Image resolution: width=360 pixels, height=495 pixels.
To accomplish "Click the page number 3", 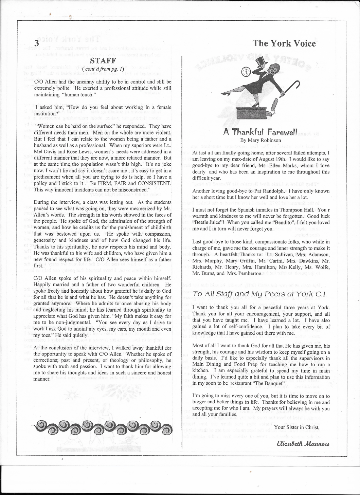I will coord(37,44).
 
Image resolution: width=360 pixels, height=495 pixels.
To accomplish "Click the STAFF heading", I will coord(103,61).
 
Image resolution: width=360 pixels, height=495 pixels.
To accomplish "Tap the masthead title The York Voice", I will coord(284,43).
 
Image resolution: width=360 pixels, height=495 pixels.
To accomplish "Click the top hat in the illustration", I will coord(260,62).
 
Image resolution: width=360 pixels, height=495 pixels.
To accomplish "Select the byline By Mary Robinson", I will coord(260,140).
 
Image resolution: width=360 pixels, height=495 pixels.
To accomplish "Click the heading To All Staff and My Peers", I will coord(260,294).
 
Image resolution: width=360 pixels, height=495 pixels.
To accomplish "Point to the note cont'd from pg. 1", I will coord(103,69).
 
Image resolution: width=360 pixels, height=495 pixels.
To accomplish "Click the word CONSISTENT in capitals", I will coord(153,183).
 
